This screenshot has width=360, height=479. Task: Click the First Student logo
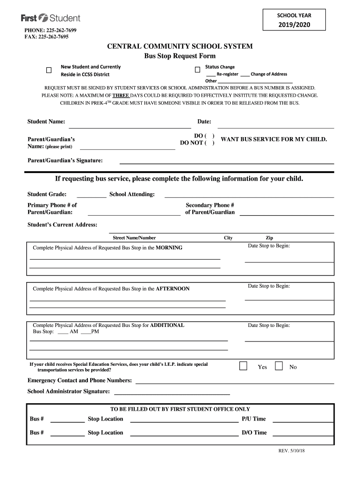coord(50,18)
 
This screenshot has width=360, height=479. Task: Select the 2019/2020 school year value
coord(294,24)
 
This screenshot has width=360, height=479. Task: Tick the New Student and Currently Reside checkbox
coord(49,70)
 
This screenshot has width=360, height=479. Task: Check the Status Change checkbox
coord(197,70)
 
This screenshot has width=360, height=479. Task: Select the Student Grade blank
coord(91,196)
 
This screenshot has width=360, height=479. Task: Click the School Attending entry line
coord(249,196)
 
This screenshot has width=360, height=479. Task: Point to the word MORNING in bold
coord(169,248)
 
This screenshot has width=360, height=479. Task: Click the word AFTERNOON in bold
coord(173,289)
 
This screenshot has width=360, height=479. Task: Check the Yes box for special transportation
coord(243,366)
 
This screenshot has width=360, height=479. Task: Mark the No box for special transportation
coord(279,366)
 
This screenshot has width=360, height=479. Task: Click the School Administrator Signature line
coord(172,393)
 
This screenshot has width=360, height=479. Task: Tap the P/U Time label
coord(253,419)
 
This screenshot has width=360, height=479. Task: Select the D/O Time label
coord(254,433)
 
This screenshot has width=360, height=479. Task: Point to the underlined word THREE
coord(117,95)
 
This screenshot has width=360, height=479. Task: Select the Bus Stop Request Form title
coord(180,56)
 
